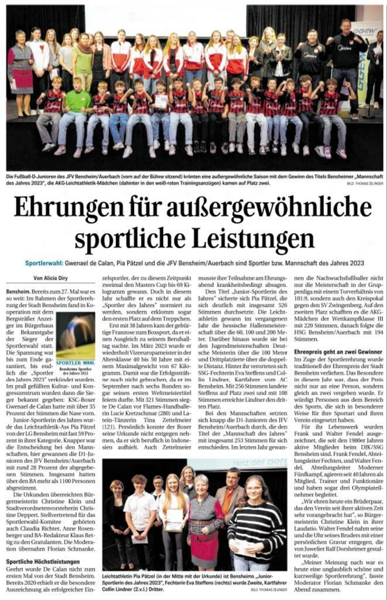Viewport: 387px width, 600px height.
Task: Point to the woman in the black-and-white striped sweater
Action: coord(257,523)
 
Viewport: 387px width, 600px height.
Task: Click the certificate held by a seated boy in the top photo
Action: coord(160,101)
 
